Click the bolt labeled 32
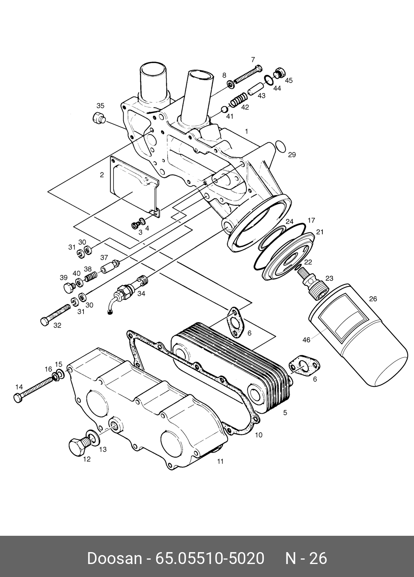click(56, 314)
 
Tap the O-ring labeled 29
click(281, 146)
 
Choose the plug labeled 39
click(68, 288)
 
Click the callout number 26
click(373, 299)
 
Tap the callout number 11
click(220, 462)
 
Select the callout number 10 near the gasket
click(259, 435)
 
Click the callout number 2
click(102, 175)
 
